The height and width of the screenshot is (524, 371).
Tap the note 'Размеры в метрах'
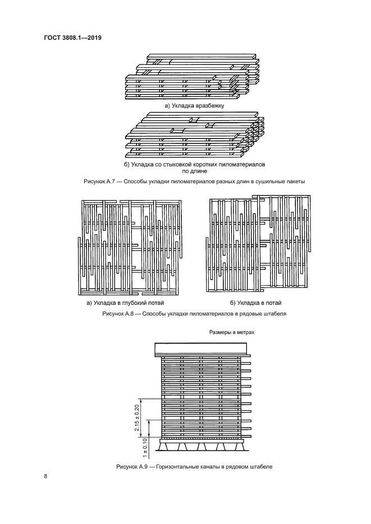pyautogui.click(x=232, y=332)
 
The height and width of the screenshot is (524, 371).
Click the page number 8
pyautogui.click(x=45, y=477)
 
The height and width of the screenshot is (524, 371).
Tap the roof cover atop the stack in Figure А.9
pyautogui.click(x=202, y=348)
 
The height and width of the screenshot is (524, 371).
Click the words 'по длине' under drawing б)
pyautogui.click(x=194, y=171)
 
